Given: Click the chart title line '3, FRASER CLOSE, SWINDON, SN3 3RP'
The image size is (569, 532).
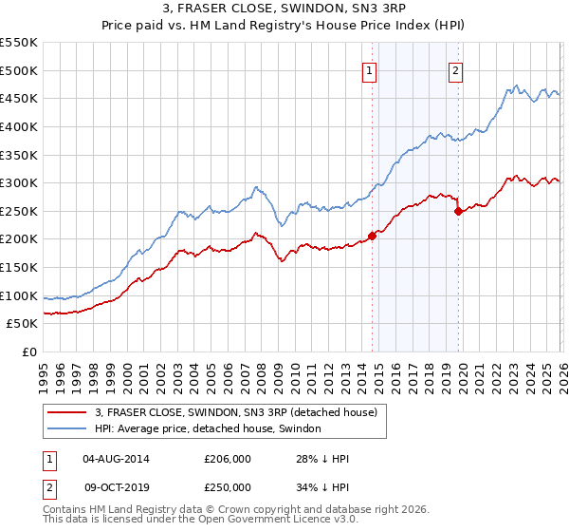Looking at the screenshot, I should (284, 9).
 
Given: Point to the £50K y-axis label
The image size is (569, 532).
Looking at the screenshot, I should (23, 324).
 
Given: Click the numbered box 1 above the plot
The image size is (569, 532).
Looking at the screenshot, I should (369, 69).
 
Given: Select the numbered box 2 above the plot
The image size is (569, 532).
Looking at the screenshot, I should (456, 69).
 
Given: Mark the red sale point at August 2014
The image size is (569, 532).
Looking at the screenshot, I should (372, 236).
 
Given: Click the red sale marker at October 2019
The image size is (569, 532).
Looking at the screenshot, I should (458, 211).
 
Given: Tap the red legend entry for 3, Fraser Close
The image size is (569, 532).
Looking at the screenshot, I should (236, 412).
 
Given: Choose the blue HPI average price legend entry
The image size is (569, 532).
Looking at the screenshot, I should (208, 429).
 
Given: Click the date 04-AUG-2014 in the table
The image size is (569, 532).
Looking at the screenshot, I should (116, 459).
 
